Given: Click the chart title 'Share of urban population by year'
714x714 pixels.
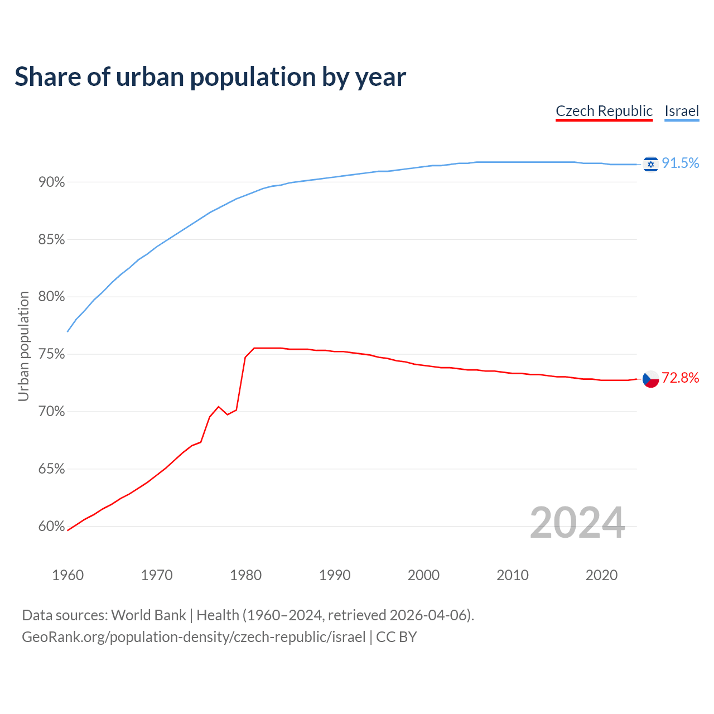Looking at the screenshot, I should coord(210,77).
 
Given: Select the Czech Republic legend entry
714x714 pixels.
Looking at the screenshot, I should coord(604,111).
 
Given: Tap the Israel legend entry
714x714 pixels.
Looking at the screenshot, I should coord(682,111).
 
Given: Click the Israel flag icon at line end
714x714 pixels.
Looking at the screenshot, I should coord(650,164).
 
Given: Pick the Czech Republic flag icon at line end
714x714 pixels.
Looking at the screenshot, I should coord(650,379).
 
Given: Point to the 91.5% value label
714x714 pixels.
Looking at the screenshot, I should coord(681,163).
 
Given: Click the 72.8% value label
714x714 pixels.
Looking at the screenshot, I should coord(681,378).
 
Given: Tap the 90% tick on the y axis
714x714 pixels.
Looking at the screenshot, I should coord(51,182).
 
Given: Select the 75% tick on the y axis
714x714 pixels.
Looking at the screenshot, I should coord(51,355).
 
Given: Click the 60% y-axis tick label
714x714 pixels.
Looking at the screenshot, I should coord(51,527).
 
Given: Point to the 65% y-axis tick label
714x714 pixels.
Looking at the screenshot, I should coord(51,469).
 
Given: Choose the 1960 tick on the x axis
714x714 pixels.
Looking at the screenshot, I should coord(67,575).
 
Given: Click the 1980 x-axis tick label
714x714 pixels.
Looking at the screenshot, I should coord(245,575).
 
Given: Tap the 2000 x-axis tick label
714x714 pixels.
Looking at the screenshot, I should coord(423,575).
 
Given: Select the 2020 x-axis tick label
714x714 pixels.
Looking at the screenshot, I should coord(601,575).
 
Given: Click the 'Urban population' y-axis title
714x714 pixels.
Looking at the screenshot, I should coord(23,346).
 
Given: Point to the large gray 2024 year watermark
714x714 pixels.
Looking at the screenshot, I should coord(577,523).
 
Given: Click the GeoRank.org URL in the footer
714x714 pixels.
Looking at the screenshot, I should coord(194,637).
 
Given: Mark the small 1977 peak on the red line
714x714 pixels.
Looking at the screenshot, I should coord(219,406).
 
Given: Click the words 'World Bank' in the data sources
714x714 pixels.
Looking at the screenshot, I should coord(148,615).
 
